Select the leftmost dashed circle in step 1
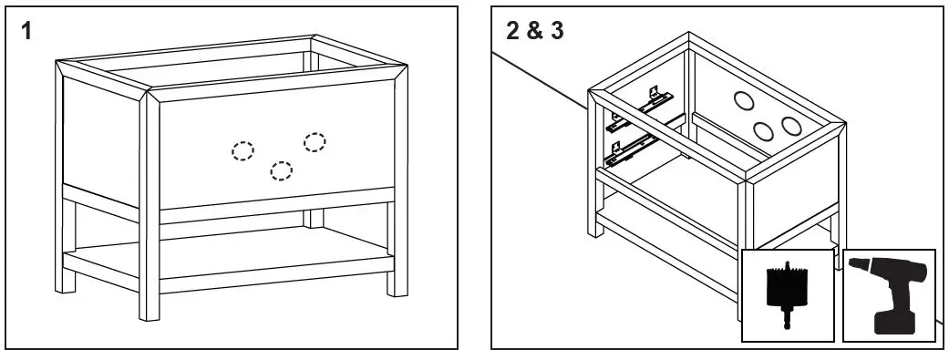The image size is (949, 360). click(x=242, y=151)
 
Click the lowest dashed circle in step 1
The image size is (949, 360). click(x=282, y=170)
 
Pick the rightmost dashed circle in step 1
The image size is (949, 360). click(x=315, y=141)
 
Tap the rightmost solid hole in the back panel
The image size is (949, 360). click(x=790, y=124)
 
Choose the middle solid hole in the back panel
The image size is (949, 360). click(x=763, y=130)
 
